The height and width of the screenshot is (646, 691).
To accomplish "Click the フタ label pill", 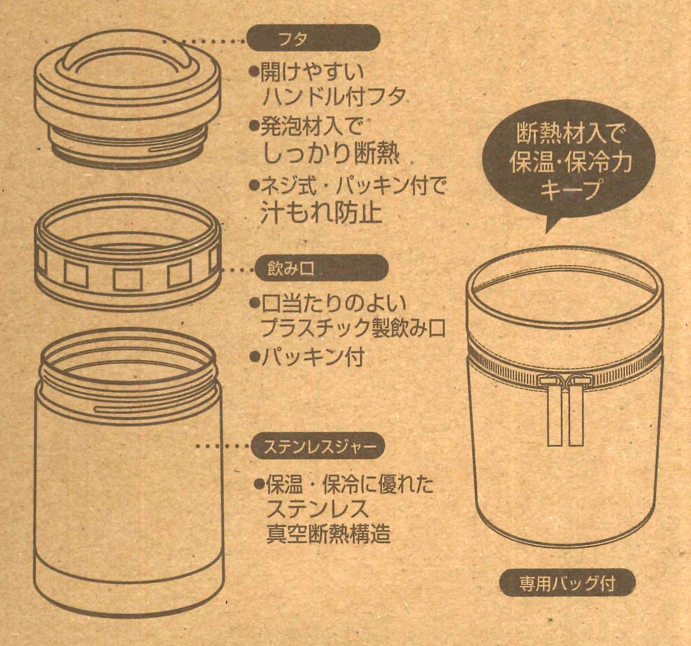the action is click(313, 38).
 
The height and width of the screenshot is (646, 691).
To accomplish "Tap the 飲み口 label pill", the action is click(322, 268).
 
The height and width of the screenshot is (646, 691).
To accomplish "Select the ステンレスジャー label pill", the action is click(318, 445).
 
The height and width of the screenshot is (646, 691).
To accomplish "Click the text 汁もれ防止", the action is click(321, 213).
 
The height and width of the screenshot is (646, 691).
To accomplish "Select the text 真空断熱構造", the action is click(328, 533).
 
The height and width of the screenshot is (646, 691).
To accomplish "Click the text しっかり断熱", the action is click(331, 154).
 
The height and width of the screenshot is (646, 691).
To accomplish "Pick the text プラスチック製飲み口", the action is click(353, 327).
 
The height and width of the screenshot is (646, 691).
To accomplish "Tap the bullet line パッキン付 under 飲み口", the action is click(307, 357).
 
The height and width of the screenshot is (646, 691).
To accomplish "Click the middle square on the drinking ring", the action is click(127, 279).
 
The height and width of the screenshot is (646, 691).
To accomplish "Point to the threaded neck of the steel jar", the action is click(128, 370).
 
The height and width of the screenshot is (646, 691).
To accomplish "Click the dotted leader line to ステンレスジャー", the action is click(223, 446).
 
